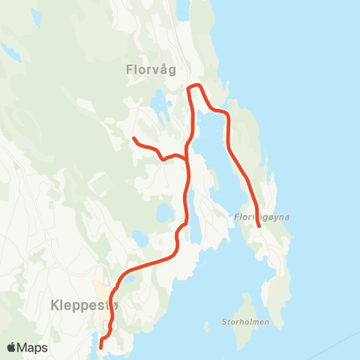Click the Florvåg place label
(151, 70)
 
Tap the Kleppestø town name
(83, 305)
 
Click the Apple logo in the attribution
(12, 347)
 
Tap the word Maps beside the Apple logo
(32, 347)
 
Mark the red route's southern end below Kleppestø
(100, 346)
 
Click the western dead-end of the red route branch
(134, 139)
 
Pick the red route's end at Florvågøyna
(259, 225)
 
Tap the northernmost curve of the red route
(196, 85)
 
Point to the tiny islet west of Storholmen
(206, 325)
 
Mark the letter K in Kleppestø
(53, 305)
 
